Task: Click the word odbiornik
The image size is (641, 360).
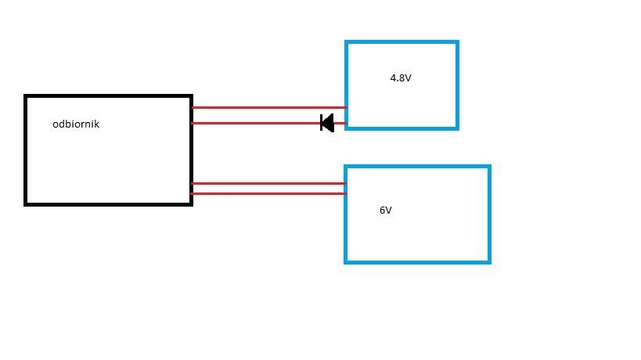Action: pyautogui.click(x=76, y=124)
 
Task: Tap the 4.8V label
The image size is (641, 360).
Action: pyautogui.click(x=401, y=77)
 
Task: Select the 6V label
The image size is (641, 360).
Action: pyautogui.click(x=385, y=211)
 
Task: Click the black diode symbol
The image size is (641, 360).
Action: pyautogui.click(x=327, y=123)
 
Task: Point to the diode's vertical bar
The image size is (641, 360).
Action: pyautogui.click(x=322, y=123)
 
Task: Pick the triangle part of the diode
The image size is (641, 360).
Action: pyautogui.click(x=329, y=123)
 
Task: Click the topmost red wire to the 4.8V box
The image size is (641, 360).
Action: pyautogui.click(x=266, y=107)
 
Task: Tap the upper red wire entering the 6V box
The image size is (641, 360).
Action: pyautogui.click(x=266, y=183)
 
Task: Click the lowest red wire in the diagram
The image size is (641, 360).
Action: pyautogui.click(x=266, y=193)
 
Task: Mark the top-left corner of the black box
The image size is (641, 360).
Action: pyautogui.click(x=27, y=96)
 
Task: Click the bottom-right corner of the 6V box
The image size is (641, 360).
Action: pyautogui.click(x=488, y=261)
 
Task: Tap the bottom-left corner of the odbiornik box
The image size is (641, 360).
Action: pyautogui.click(x=27, y=203)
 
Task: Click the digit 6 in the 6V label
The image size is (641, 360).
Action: pyautogui.click(x=382, y=211)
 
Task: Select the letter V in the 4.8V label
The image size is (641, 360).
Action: pyautogui.click(x=407, y=77)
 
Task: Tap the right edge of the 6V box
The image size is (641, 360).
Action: pyautogui.click(x=488, y=214)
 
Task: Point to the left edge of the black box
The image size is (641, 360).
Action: pyautogui.click(x=27, y=149)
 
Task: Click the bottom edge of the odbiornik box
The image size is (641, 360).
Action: pyautogui.click(x=109, y=203)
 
